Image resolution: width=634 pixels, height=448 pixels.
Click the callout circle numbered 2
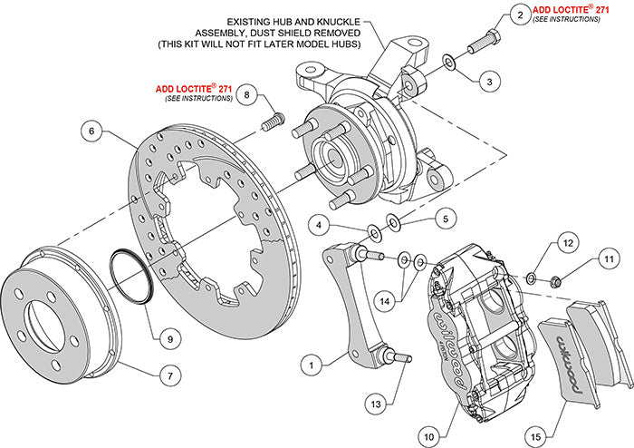click(x=519, y=15)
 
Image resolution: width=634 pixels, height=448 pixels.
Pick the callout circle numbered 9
click(x=166, y=338)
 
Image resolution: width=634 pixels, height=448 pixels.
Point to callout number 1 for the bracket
click(x=311, y=366)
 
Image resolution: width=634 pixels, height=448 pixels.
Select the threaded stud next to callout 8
click(x=273, y=120)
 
